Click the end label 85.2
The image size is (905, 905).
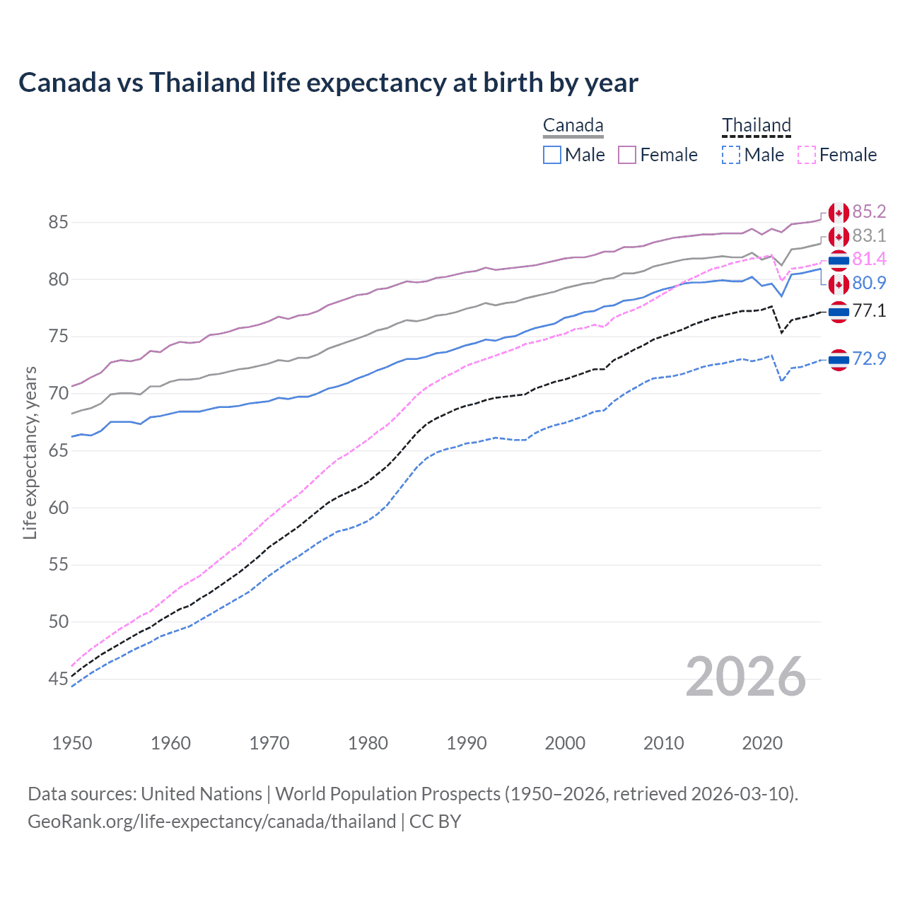pos(869,212)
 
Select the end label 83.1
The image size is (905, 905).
pos(869,235)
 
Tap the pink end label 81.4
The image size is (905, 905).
pos(869,259)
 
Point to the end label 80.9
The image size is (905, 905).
pos(869,284)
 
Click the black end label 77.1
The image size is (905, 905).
pos(869,310)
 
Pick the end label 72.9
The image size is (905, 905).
pos(869,359)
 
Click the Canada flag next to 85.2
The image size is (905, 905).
pos(839,213)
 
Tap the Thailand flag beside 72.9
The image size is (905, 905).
pos(839,360)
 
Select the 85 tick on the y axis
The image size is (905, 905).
pos(58,223)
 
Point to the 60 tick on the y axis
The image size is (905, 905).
pos(58,508)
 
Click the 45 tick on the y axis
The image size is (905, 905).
pos(58,679)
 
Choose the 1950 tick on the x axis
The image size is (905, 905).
pos(72,743)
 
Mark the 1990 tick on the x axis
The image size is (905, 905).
pos(467,743)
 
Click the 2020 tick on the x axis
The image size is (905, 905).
pos(762,743)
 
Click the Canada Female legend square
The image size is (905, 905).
pos(627,155)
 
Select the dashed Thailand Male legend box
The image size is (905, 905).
pos(731,155)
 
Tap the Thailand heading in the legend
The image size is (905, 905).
pos(756,126)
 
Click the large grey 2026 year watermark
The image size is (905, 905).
pos(745,677)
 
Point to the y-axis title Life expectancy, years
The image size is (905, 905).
pos(30,452)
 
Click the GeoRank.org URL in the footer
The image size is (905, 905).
pos(212,822)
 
